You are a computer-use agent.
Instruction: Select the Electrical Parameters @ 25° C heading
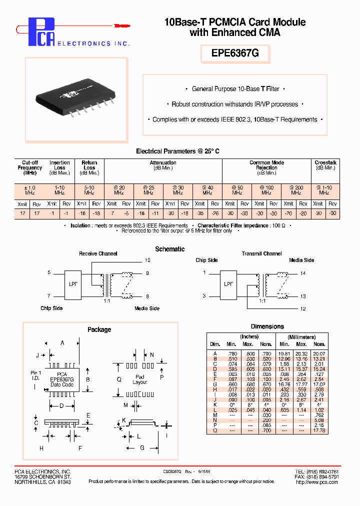pyautogui.click(x=177, y=151)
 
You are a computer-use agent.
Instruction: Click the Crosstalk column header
pyautogui.click(x=325, y=165)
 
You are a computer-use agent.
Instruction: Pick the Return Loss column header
pyautogui.click(x=89, y=165)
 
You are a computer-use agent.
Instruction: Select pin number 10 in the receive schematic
pyautogui.click(x=147, y=260)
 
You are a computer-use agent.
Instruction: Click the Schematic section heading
pyautogui.click(x=170, y=249)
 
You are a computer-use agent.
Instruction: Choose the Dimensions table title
pyautogui.click(x=267, y=326)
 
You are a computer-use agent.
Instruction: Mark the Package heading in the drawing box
pyautogui.click(x=99, y=329)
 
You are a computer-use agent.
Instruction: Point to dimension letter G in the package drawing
pyautogui.click(x=142, y=448)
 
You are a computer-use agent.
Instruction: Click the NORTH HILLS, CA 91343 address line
pyautogui.click(x=42, y=482)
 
